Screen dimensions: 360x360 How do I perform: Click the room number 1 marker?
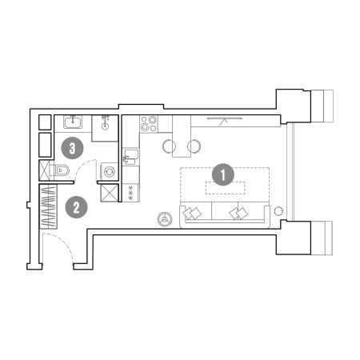click(223, 174)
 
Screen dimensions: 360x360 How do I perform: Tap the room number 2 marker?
click(76, 207)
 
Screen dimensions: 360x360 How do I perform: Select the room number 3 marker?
click(72, 148)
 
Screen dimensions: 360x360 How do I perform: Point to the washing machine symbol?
click(110, 171)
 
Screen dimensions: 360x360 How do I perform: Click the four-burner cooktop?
click(149, 123)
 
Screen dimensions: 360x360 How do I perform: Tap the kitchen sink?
click(130, 157)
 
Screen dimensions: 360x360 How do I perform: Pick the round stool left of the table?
click(169, 146)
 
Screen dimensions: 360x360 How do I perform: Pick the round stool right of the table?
click(194, 146)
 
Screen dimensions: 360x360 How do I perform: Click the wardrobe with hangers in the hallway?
click(48, 207)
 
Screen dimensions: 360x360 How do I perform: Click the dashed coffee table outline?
click(226, 188)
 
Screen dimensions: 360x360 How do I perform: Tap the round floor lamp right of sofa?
click(278, 211)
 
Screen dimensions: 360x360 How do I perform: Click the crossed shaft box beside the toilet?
click(44, 170)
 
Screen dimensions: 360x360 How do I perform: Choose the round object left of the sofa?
click(165, 219)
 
